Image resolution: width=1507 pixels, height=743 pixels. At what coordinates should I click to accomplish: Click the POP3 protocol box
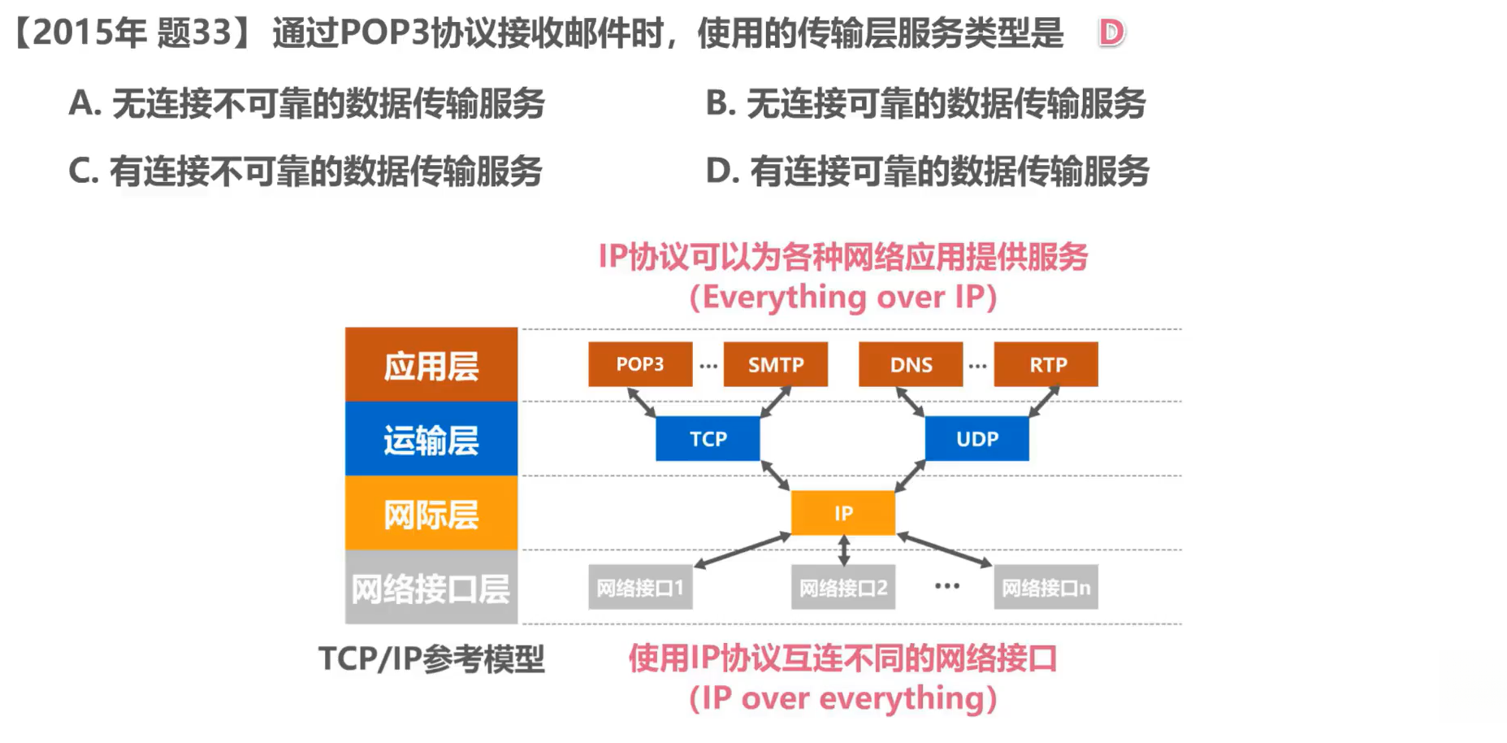[x=640, y=364]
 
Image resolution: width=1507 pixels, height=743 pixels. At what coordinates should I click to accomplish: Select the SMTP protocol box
[x=776, y=364]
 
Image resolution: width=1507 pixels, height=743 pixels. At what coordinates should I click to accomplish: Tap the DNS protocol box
[x=911, y=364]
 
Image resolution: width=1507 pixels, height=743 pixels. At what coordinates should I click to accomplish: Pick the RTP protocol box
[x=1046, y=364]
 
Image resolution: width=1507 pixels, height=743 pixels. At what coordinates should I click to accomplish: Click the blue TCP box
[x=708, y=439]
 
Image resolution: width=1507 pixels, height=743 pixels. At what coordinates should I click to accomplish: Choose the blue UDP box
[x=977, y=439]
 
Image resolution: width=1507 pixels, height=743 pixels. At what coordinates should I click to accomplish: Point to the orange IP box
[x=843, y=513]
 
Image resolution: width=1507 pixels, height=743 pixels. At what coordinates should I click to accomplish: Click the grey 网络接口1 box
[x=640, y=587]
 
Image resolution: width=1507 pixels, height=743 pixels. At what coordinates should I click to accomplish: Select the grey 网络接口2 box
[x=843, y=587]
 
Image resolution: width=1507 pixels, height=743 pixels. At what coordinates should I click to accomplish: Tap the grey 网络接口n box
[x=1046, y=587]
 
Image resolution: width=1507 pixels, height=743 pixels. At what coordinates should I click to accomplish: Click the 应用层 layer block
[x=431, y=365]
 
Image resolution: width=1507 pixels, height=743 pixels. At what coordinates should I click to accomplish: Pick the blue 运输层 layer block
[x=431, y=439]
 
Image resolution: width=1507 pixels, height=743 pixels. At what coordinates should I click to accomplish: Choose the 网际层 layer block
[x=431, y=513]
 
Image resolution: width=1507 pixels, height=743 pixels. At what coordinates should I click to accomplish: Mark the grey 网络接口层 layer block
[x=431, y=587]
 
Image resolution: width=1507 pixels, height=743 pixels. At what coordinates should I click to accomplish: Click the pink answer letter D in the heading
[x=1111, y=33]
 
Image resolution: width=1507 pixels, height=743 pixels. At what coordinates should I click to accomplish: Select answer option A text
[x=307, y=103]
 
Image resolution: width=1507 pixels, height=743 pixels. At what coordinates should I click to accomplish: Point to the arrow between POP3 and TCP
[x=642, y=402]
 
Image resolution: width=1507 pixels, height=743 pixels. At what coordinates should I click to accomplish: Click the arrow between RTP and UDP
[x=1044, y=402]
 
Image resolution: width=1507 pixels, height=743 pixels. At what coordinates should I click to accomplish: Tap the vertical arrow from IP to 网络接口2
[x=843, y=550]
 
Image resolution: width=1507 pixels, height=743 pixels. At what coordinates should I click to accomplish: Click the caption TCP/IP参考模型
[x=431, y=658]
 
